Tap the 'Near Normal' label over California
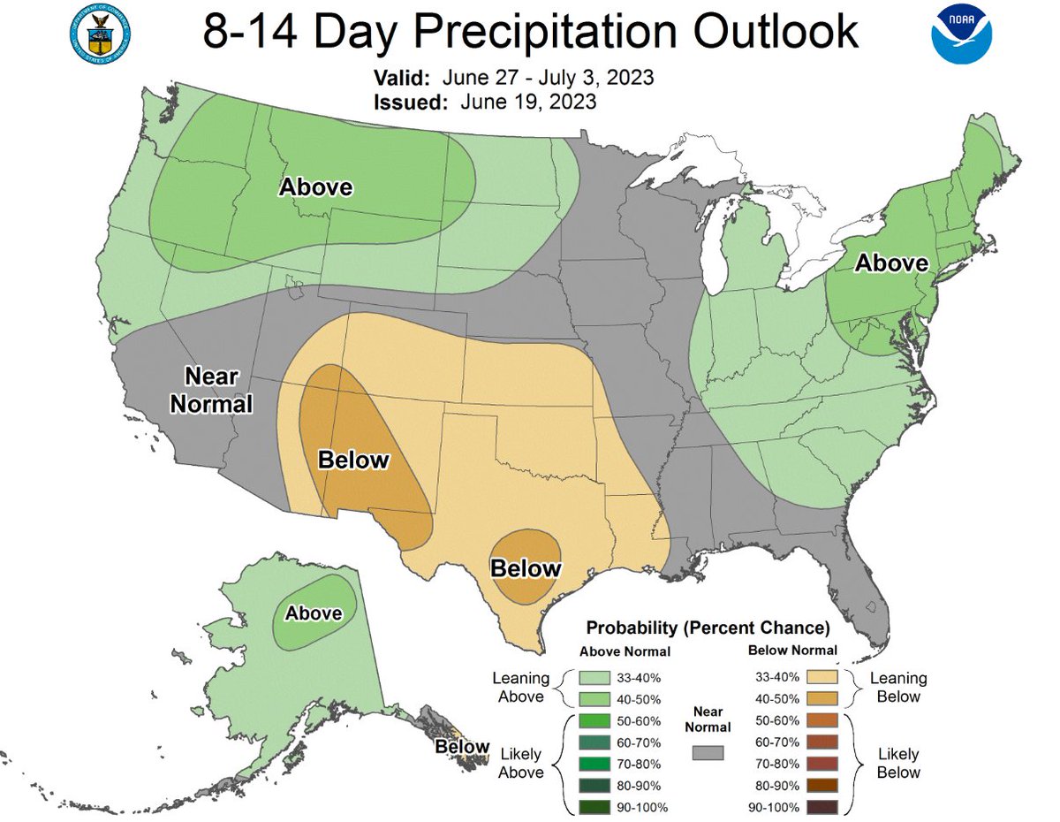click(x=211, y=390)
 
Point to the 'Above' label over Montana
click(x=315, y=187)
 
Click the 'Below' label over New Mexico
click(x=352, y=460)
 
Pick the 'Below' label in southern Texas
click(x=526, y=567)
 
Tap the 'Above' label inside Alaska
click(x=314, y=613)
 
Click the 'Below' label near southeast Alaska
click(x=462, y=747)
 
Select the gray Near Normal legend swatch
click(x=708, y=752)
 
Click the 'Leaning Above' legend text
click(x=520, y=687)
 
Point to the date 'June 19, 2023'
click(x=527, y=103)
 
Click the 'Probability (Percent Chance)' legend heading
click(x=708, y=628)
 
